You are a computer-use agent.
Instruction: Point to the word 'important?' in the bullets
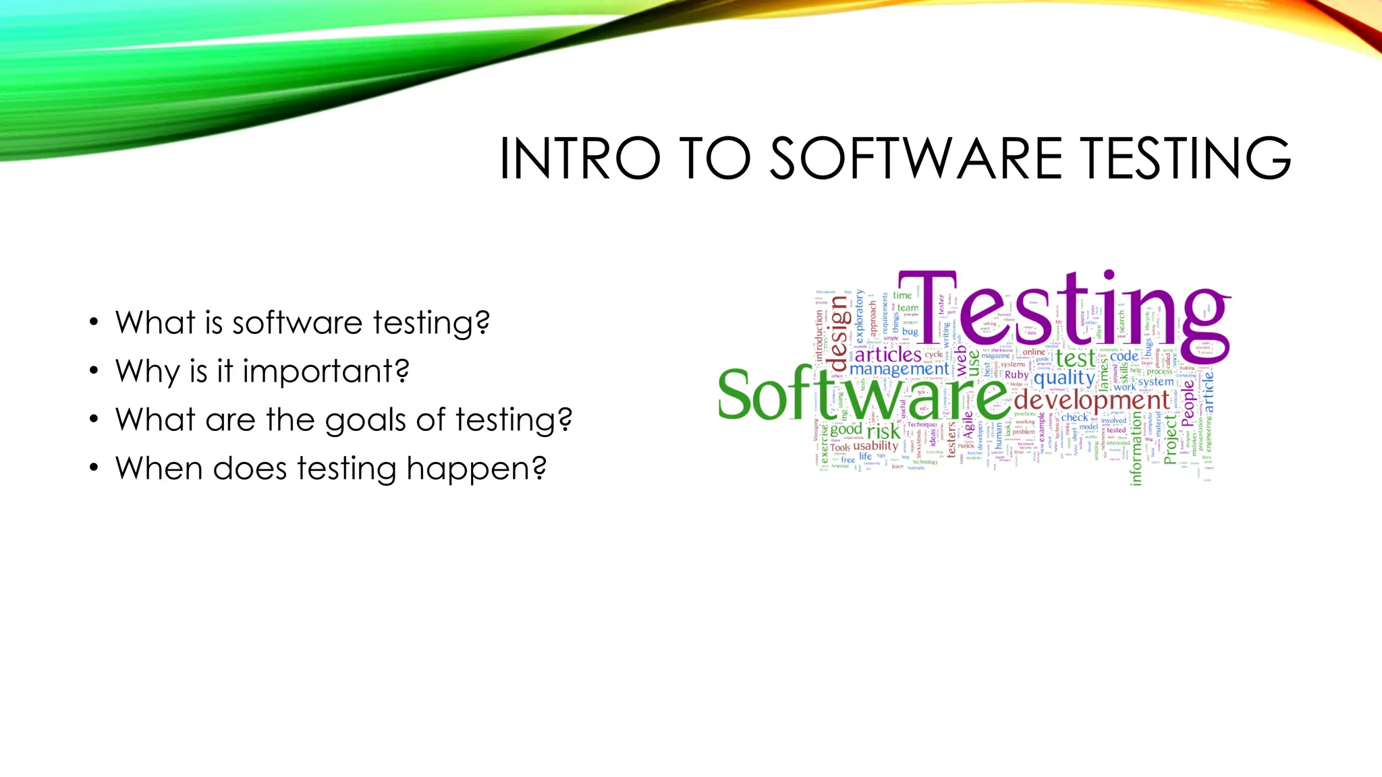click(326, 371)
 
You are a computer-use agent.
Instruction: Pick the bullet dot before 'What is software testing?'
click(94, 322)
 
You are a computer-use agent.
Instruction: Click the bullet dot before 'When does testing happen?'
click(94, 468)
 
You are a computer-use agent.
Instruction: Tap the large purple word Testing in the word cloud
click(1073, 310)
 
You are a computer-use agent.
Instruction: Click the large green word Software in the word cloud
click(864, 395)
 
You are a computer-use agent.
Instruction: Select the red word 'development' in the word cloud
click(1091, 400)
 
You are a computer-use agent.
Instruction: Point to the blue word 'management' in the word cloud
click(899, 369)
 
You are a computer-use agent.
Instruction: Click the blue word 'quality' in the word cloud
click(1064, 378)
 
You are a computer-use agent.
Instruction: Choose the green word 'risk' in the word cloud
click(883, 431)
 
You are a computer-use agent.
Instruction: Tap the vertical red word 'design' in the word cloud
click(837, 328)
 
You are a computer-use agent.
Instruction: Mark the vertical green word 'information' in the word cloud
click(1136, 449)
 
